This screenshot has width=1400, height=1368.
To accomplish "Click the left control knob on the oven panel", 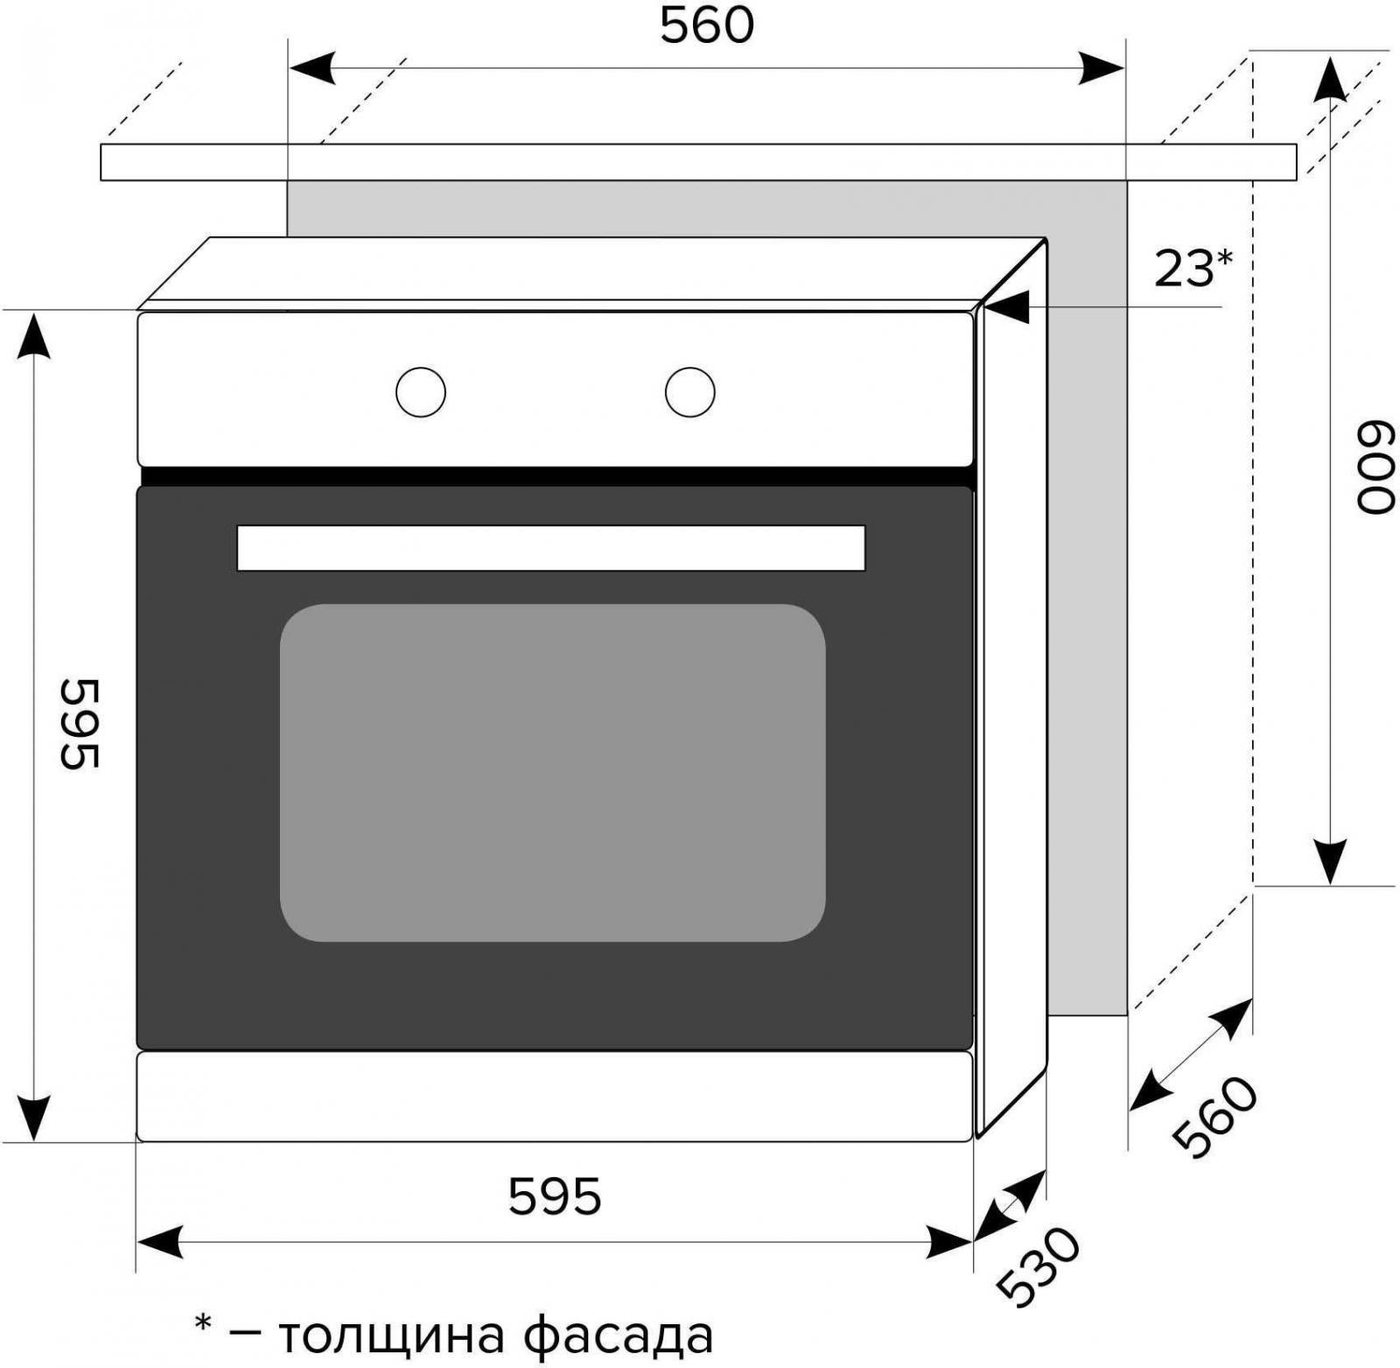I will click(x=421, y=391).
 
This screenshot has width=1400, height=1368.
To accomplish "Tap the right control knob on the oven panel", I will click(x=689, y=391).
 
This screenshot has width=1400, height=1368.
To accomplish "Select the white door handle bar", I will click(x=550, y=548).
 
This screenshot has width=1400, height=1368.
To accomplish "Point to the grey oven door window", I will click(x=552, y=772).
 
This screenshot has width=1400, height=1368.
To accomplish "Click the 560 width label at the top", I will click(x=706, y=26).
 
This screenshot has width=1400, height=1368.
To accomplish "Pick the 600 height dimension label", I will click(x=1374, y=468).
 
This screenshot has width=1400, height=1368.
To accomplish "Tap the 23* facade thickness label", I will click(x=1193, y=269).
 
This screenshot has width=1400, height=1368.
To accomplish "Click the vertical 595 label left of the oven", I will click(x=80, y=724).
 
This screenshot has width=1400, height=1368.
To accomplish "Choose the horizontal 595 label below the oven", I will click(x=555, y=1196).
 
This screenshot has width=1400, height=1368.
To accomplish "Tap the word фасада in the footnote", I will click(x=619, y=1335).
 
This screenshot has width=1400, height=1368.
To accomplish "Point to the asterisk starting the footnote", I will click(x=203, y=1324).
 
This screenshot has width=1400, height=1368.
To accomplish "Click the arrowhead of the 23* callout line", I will click(x=1004, y=308).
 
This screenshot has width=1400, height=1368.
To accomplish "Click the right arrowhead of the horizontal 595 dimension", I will click(x=952, y=1242).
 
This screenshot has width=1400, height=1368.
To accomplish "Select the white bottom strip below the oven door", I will click(x=555, y=1096).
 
